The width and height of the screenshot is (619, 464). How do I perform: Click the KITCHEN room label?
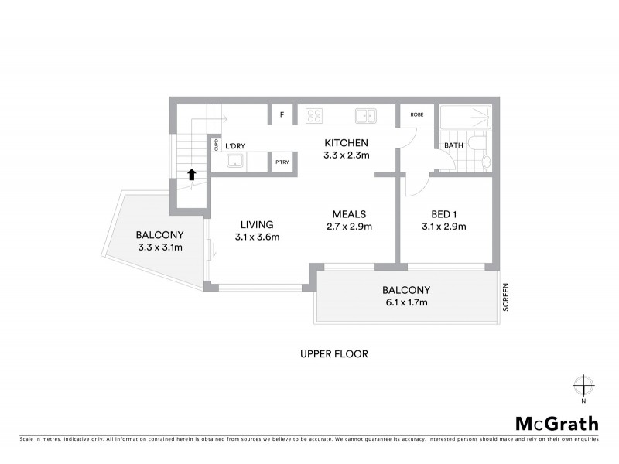(346, 143)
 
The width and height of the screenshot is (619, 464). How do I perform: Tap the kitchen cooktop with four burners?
(313, 116)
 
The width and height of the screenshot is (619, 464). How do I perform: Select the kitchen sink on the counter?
(365, 116)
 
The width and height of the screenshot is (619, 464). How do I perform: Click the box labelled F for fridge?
(282, 115)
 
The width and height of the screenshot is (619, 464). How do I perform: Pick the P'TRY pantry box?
(282, 162)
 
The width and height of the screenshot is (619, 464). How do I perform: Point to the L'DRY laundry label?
(234, 145)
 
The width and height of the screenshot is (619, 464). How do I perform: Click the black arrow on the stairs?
(190, 174)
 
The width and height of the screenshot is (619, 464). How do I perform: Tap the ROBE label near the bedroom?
(417, 114)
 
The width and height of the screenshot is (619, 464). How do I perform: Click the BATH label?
(453, 145)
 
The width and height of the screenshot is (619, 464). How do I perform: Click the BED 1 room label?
(445, 214)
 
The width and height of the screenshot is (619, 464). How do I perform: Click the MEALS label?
(349, 214)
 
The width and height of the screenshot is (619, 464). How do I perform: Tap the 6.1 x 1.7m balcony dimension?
(405, 302)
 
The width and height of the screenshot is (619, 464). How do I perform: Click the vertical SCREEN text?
(506, 297)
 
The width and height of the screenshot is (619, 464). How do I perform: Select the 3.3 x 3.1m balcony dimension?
(159, 247)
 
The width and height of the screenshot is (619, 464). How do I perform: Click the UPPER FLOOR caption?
(333, 354)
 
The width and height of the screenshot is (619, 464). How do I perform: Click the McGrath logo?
(556, 423)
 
